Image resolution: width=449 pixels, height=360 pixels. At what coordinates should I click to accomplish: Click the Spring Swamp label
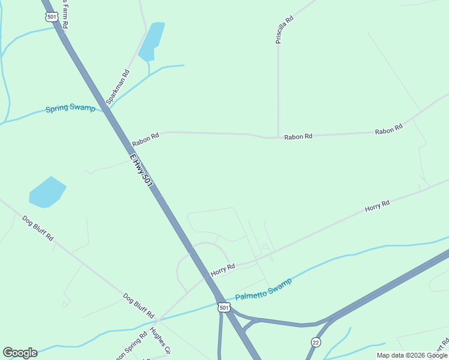pyautogui.click(x=71, y=109)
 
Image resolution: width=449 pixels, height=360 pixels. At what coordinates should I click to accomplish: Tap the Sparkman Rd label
pyautogui.click(x=118, y=88)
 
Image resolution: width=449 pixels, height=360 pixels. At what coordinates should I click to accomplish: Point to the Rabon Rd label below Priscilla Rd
pyautogui.click(x=298, y=137)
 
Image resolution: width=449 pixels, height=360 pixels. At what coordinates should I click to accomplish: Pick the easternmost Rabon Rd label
pyautogui.click(x=388, y=130)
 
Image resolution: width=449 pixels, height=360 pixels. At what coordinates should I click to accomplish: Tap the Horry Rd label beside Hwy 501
pyautogui.click(x=222, y=270)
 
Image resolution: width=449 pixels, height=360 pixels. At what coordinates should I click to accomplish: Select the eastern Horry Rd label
pyautogui.click(x=377, y=206)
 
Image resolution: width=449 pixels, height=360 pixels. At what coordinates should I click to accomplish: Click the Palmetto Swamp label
pyautogui.click(x=264, y=289)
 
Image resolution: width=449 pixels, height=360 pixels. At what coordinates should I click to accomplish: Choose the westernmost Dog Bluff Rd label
pyautogui.click(x=38, y=228)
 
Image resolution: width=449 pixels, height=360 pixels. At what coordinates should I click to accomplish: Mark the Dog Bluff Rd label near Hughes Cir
pyautogui.click(x=139, y=305)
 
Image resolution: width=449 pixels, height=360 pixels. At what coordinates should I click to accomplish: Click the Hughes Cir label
pyautogui.click(x=161, y=341)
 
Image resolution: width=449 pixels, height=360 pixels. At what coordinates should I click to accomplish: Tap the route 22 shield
pyautogui.click(x=316, y=342)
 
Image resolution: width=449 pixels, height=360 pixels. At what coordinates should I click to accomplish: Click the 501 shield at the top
pyautogui.click(x=51, y=17)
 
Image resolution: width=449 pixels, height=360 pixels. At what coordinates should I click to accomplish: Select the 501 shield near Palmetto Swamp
pyautogui.click(x=224, y=308)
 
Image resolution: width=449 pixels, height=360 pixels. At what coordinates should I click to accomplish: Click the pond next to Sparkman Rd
pyautogui.click(x=152, y=41)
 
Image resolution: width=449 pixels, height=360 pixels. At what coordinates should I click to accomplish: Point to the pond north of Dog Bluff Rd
pyautogui.click(x=47, y=192)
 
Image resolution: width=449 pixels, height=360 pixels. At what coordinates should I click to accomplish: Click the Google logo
pyautogui.click(x=20, y=353)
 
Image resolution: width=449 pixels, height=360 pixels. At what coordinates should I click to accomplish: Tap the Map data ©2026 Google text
pyautogui.click(x=412, y=355)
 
